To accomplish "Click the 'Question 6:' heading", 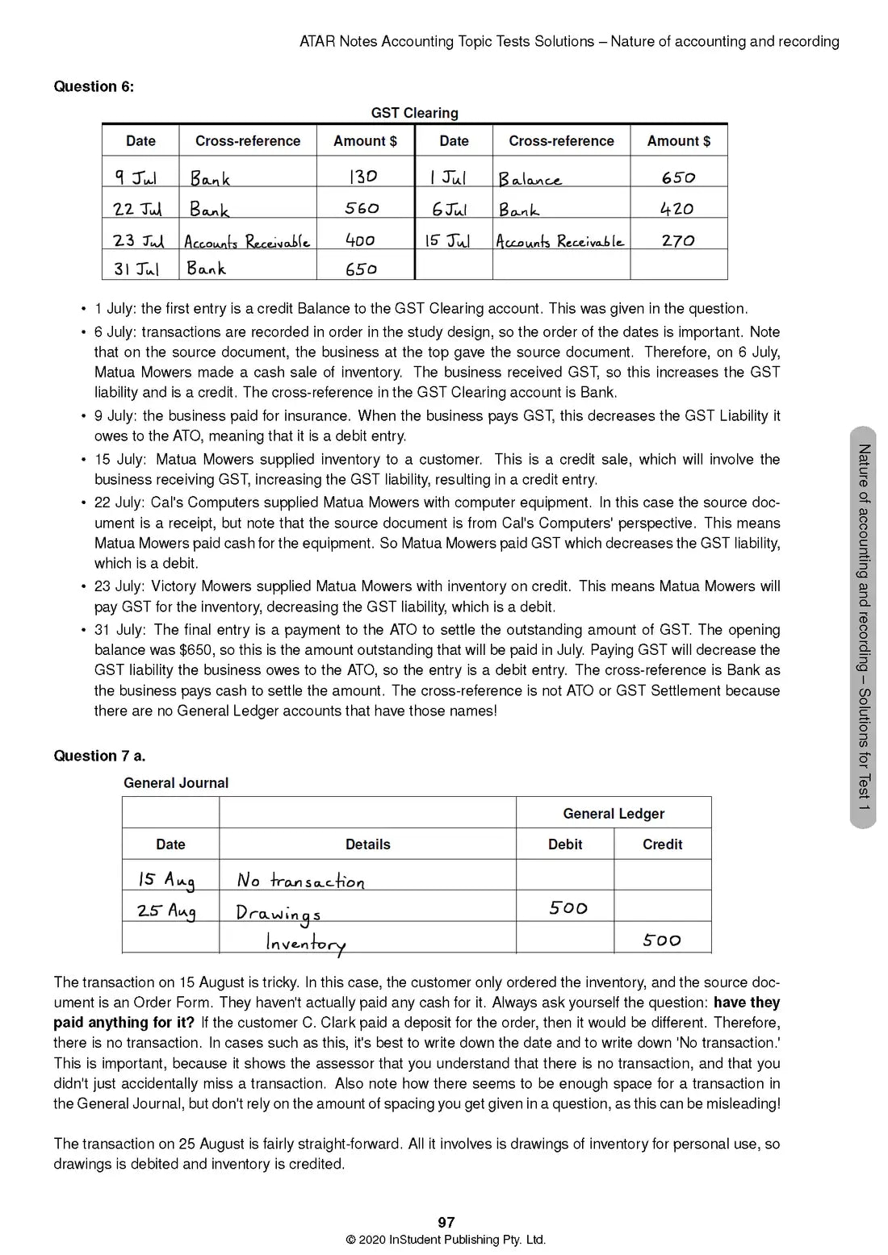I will tap(94, 86).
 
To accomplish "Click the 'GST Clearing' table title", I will tap(414, 113).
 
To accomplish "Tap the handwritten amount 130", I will tap(362, 177).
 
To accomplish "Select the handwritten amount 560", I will tap(362, 208).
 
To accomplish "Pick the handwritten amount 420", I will tap(676, 209).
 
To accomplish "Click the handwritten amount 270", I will tap(677, 240).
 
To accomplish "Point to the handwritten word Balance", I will tap(530, 179).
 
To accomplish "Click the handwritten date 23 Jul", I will tap(139, 240).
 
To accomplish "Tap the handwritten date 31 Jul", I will tap(136, 269).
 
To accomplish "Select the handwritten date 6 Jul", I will tap(450, 210).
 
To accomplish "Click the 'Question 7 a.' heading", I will tap(99, 756).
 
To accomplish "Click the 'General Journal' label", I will tap(176, 782).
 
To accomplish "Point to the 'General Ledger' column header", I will tap(614, 813).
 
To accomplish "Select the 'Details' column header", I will tap(367, 844).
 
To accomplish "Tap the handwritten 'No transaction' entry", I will tap(300, 881).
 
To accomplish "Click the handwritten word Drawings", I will tap(278, 913).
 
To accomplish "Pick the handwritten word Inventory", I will tap(306, 943).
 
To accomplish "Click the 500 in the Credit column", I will tap(662, 940).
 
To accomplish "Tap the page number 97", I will tap(446, 1223).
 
